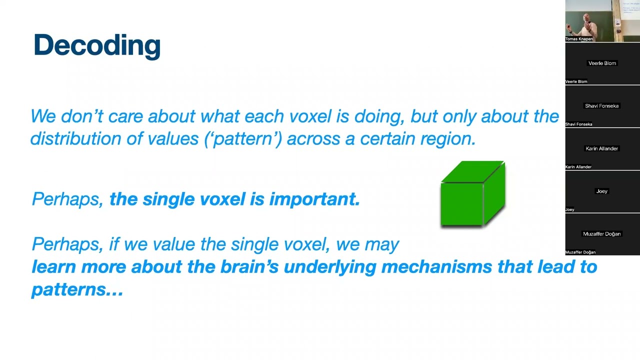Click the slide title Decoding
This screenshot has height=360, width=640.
tap(97, 45)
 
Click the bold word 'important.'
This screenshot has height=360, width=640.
tap(314, 199)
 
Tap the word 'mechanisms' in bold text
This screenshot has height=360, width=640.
tap(436, 266)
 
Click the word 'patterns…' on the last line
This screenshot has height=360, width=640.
tap(77, 289)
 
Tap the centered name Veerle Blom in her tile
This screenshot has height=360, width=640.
tap(602, 63)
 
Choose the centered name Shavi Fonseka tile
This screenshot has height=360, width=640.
tap(602, 106)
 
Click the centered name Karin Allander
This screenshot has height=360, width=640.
tap(602, 148)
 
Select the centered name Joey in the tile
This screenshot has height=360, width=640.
tap(602, 191)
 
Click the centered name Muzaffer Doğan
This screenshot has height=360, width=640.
tap(602, 234)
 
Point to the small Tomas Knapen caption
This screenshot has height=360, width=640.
tap(579, 39)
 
